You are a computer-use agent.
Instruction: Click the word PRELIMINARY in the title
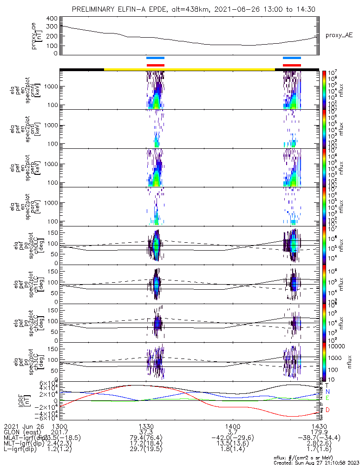(95, 9)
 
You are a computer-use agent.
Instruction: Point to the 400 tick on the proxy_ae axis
(52, 19)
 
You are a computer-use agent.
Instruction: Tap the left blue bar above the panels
(155, 58)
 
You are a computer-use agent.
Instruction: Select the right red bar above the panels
(292, 65)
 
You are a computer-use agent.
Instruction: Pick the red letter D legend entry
(327, 409)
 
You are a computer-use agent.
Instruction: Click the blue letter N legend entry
(327, 392)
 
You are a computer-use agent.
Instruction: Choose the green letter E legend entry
(327, 398)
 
